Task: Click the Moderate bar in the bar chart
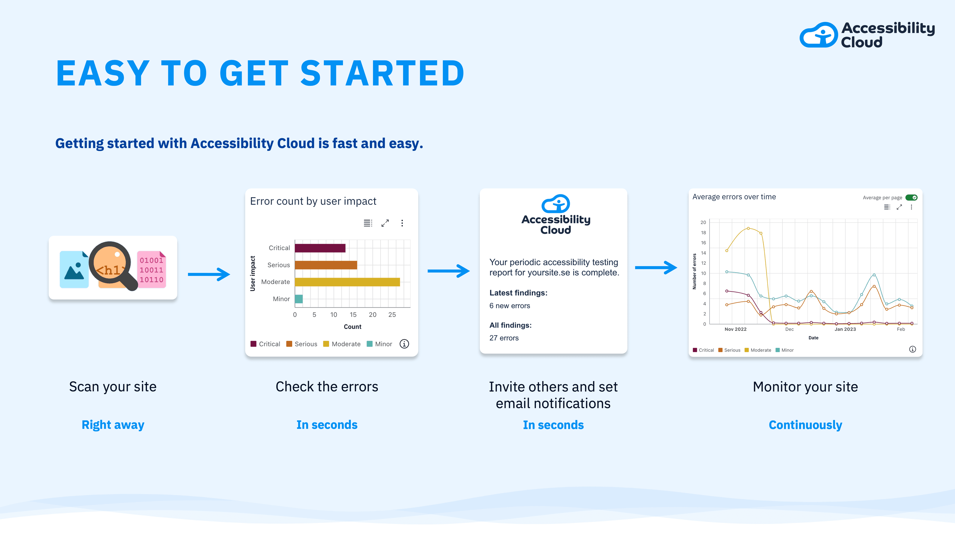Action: point(347,282)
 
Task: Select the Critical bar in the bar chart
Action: point(320,248)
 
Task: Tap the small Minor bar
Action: point(299,299)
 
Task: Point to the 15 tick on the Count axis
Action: point(353,315)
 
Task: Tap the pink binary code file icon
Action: point(151,269)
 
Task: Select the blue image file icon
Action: point(74,269)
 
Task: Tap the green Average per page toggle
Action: point(911,198)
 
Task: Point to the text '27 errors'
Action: point(504,338)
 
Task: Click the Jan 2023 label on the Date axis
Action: point(845,329)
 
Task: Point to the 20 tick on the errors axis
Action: point(703,222)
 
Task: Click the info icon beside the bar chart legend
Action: point(404,344)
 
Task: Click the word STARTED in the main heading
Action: point(382,73)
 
